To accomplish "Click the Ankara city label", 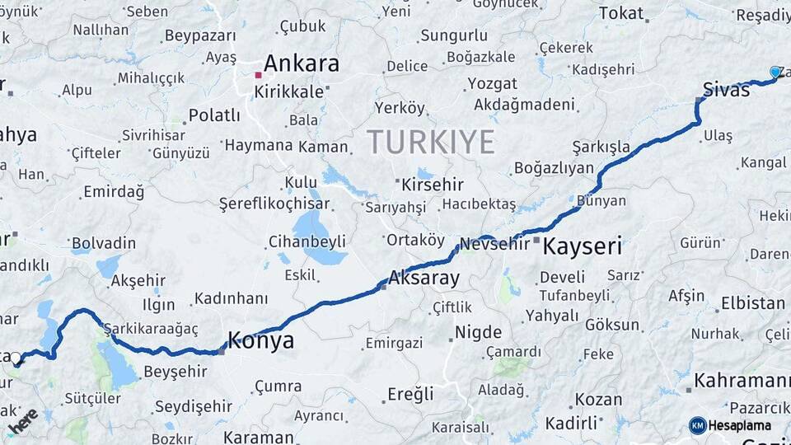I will (x=302, y=63).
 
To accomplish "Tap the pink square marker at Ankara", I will (x=258, y=75).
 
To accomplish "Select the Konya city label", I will (x=260, y=340).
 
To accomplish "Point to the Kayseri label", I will (x=582, y=246).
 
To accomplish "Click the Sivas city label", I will (x=727, y=90).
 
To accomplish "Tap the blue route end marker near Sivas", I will (x=775, y=73).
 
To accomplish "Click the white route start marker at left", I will (x=16, y=358).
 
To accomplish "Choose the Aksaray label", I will (x=424, y=278).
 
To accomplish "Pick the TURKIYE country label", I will (x=431, y=142).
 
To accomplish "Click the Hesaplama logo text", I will (x=739, y=425).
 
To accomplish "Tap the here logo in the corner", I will (x=22, y=421).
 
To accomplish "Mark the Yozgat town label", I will (x=492, y=83).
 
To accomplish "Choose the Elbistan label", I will (x=752, y=302).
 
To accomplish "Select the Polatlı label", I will (x=214, y=115).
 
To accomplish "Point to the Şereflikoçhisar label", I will (x=274, y=204).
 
